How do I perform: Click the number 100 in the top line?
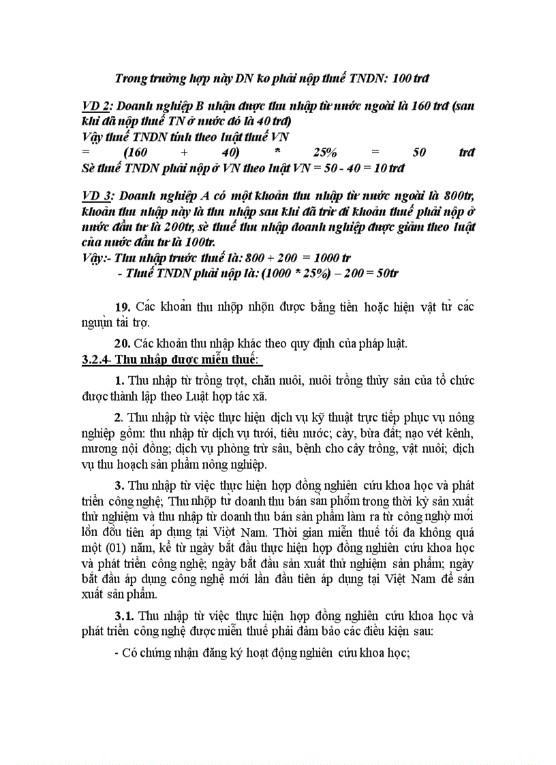[403, 78]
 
